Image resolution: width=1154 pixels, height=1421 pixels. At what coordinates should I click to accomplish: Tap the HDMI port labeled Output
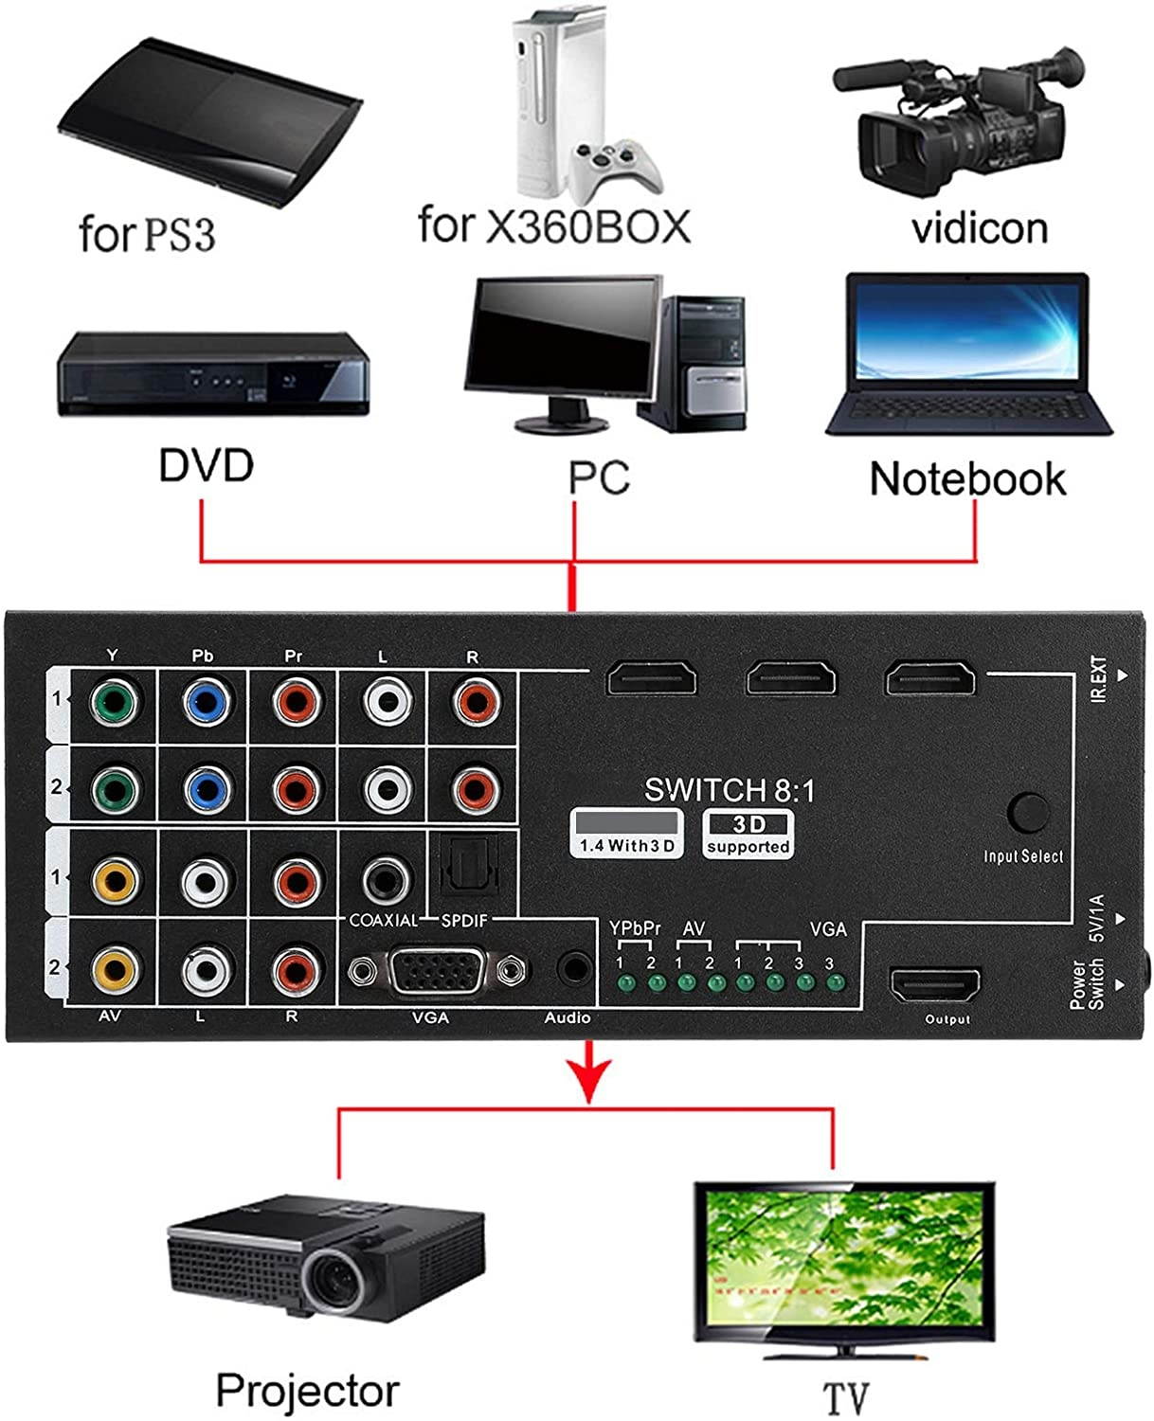point(933,986)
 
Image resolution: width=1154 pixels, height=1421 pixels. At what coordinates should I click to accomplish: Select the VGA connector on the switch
point(438,971)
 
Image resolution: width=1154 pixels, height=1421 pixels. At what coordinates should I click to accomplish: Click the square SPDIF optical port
point(466,872)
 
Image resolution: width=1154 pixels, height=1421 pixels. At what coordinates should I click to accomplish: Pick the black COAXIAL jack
point(386,880)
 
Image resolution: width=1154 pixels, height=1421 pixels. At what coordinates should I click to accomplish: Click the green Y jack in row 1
point(114,703)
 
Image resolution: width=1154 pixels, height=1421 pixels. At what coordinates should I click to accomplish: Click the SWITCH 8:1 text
point(729,790)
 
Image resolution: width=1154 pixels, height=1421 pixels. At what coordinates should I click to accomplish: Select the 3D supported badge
point(748,835)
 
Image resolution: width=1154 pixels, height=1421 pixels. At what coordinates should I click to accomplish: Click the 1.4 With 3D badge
point(626,835)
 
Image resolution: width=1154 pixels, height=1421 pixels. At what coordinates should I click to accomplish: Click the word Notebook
point(967,479)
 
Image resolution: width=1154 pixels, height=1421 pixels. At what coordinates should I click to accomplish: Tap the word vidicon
point(979,229)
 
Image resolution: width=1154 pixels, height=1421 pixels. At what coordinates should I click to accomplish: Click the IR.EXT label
point(1099,680)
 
